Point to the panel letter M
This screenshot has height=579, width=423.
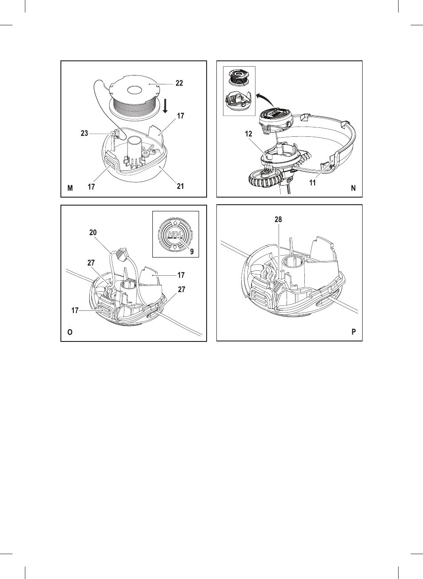click(x=70, y=188)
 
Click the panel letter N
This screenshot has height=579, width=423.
click(x=353, y=188)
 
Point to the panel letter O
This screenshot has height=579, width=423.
click(x=70, y=332)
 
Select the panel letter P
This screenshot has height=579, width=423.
click(x=354, y=332)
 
